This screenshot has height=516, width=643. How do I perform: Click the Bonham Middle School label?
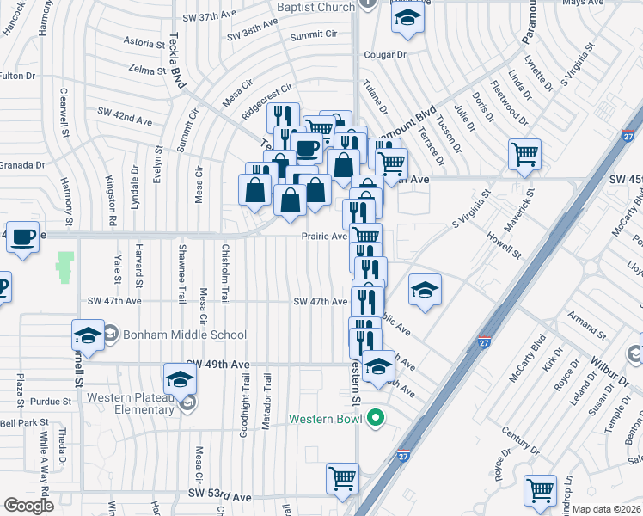coord(184,335)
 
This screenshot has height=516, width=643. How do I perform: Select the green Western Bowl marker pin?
coord(375,419)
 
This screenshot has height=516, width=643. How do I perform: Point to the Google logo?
coord(28,506)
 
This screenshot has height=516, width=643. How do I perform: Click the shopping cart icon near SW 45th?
coord(524,155)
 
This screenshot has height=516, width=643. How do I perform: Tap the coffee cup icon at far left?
coord(22,236)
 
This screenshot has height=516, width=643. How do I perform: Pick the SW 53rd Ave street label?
coord(219,496)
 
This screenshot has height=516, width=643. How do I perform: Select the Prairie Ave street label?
coord(324,236)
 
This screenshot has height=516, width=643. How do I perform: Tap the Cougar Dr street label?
coord(383,54)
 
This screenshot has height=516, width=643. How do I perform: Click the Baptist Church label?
coord(315,7)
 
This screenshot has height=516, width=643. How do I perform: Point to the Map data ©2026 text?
coord(606,509)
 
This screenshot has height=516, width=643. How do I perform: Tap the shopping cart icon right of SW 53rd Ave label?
coord(342,477)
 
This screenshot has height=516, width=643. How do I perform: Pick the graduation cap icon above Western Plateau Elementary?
coord(178,378)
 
